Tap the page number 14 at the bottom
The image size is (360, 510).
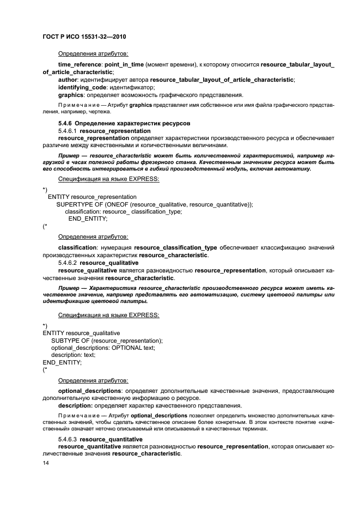tap(46, 462)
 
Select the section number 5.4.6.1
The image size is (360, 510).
tap(68, 131)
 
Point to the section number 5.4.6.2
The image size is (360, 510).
tap(68, 263)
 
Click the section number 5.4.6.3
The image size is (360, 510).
tap(68, 439)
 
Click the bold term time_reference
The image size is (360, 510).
tap(80, 64)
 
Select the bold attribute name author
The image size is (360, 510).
tap(68, 80)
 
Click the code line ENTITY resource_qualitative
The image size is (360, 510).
tap(81, 332)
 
